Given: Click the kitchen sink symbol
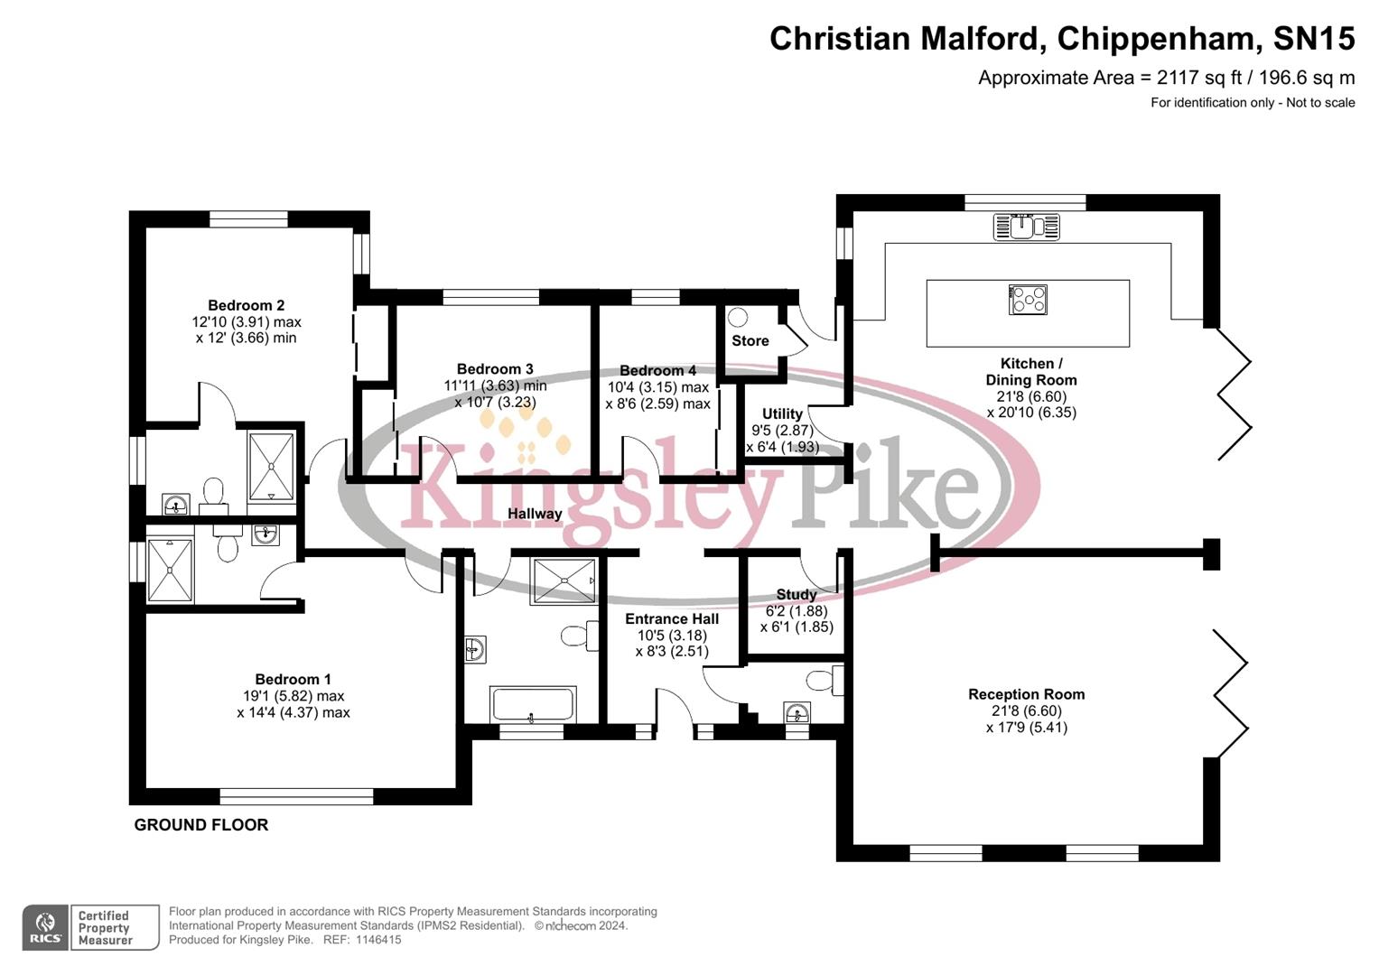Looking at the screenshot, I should (x=1026, y=226).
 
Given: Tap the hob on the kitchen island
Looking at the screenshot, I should (x=1028, y=300).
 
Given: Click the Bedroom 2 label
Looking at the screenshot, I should (x=246, y=305).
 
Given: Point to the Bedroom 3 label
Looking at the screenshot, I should (x=495, y=368).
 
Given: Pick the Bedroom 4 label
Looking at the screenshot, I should (x=657, y=370).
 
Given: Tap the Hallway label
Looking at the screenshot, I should (x=535, y=514).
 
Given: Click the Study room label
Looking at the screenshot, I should (x=796, y=594).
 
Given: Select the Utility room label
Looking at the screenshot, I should (x=782, y=413).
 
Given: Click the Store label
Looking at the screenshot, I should (x=750, y=340).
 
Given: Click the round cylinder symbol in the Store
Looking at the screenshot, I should (x=739, y=317).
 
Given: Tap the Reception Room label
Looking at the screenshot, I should (x=1026, y=694).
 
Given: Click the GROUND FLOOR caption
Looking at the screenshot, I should (x=201, y=824).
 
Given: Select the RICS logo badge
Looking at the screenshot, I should (x=46, y=927).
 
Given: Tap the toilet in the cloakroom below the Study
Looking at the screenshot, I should (x=823, y=680).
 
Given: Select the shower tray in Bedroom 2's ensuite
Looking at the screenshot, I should (x=271, y=466).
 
